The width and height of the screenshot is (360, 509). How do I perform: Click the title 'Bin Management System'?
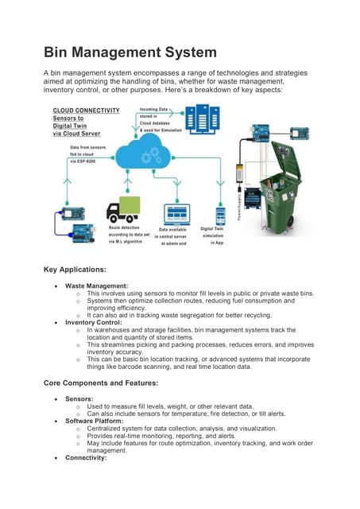[x=129, y=52]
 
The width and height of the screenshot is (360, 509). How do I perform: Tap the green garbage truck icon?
[x=123, y=210]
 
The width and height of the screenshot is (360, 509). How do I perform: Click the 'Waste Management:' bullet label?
[x=95, y=285]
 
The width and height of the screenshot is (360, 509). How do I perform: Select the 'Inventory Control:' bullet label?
[x=95, y=322]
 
